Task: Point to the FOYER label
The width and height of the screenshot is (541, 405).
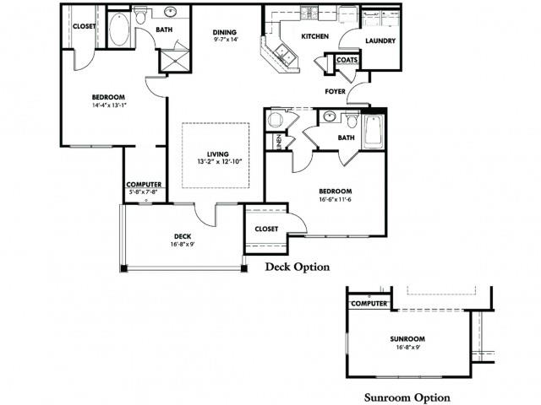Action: click(336, 90)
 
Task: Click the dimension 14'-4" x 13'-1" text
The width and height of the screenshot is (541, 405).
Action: click(90, 105)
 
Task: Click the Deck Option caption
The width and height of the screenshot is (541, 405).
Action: click(297, 267)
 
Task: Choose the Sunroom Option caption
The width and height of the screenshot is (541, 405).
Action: click(407, 397)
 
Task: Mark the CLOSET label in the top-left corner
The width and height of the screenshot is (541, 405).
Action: click(84, 26)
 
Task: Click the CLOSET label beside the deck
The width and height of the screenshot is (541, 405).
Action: click(266, 228)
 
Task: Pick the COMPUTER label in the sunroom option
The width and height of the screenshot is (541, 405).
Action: click(369, 302)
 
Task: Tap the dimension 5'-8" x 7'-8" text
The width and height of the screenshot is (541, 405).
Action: click(145, 192)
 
